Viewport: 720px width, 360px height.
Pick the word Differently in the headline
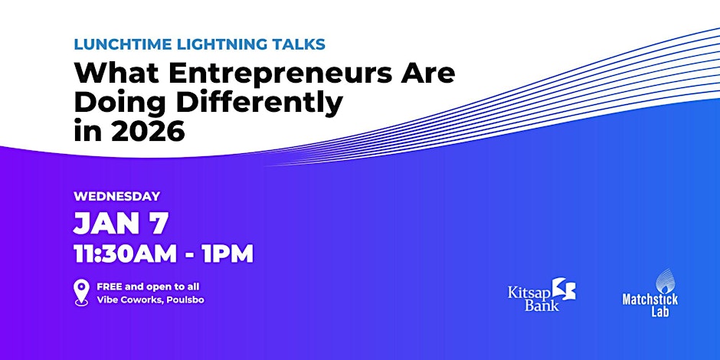click(x=260, y=103)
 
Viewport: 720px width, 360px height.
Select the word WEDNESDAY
click(x=116, y=197)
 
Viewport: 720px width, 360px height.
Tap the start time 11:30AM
click(x=126, y=254)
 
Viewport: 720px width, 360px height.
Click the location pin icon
click(x=81, y=293)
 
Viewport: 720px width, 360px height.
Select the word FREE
click(x=108, y=287)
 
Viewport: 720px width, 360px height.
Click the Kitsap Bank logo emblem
click(x=564, y=289)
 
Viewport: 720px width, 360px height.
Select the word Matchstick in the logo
click(x=650, y=299)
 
